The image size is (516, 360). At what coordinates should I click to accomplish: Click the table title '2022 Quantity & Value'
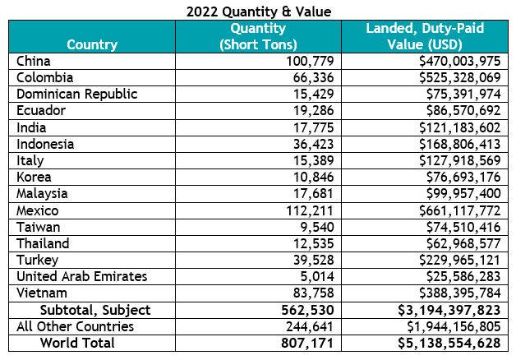(258, 11)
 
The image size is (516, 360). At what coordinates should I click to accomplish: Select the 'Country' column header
(91, 44)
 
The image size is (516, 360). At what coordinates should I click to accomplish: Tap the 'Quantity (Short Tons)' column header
(258, 37)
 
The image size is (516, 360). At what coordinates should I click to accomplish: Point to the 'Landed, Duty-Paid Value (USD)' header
(424, 37)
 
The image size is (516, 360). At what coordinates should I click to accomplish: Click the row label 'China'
(33, 62)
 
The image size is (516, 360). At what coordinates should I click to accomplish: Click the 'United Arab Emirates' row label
(81, 276)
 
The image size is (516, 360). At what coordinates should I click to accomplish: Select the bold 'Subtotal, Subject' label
(95, 309)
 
